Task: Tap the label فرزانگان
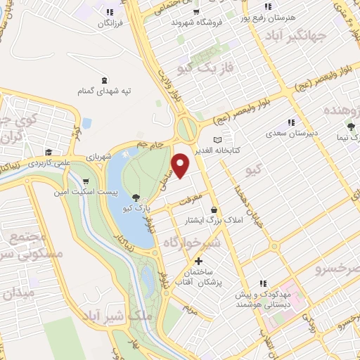110,24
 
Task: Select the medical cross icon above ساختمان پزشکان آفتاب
199,261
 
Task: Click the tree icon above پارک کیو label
134,198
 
